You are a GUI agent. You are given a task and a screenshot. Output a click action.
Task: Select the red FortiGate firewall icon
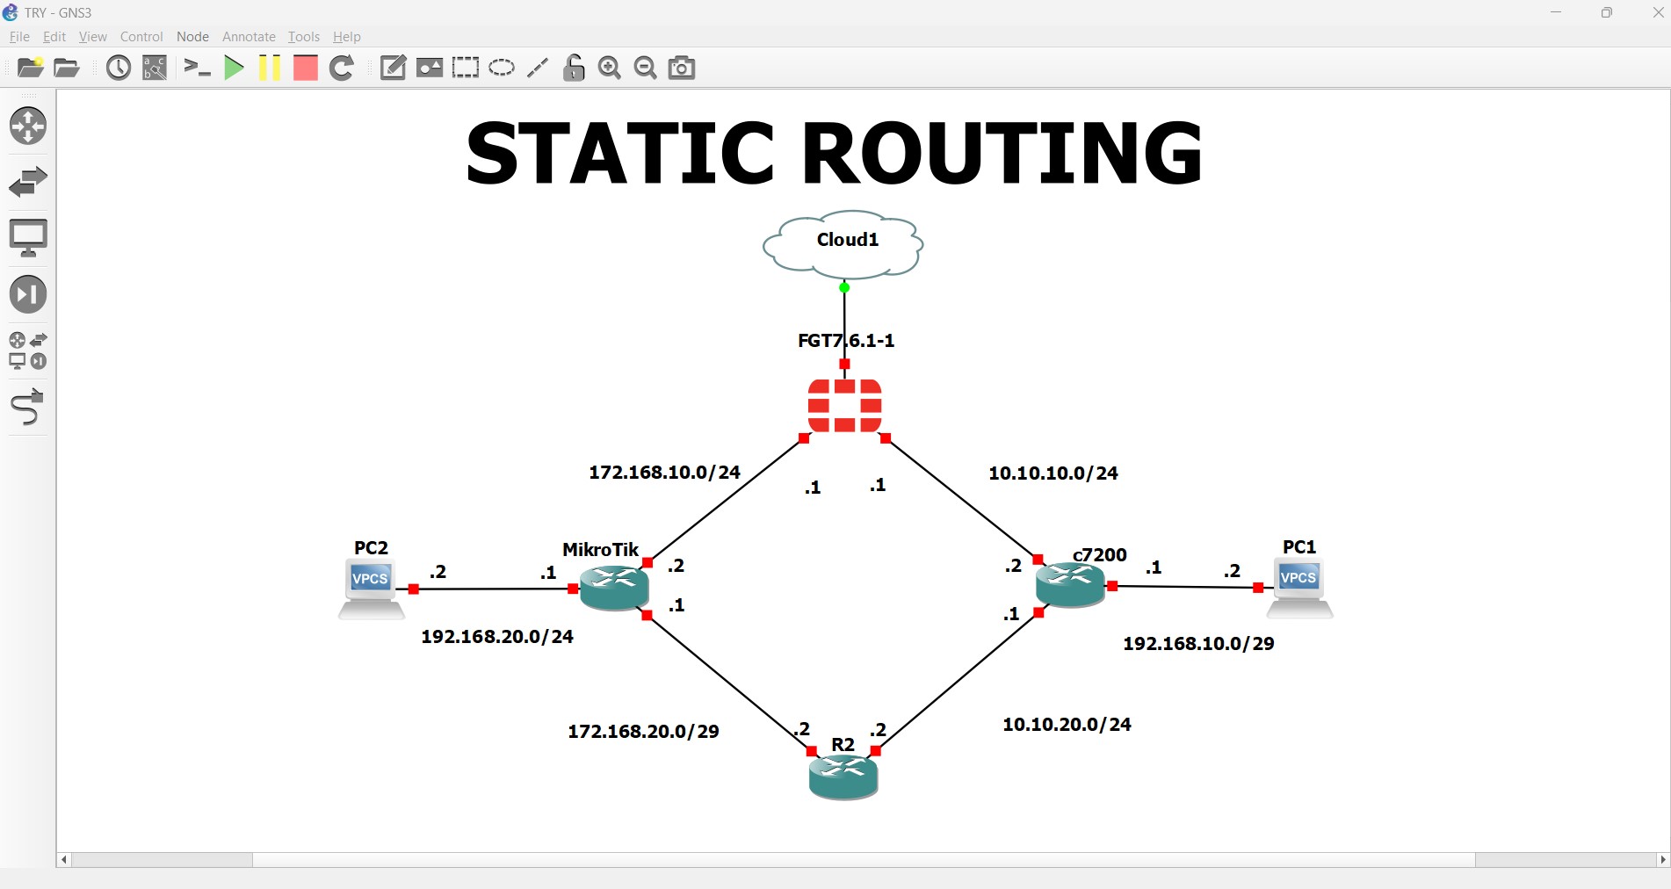tap(844, 406)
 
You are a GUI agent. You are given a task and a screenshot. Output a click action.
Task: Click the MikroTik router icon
tap(614, 588)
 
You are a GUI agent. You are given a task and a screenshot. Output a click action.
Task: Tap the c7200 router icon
tap(1070, 585)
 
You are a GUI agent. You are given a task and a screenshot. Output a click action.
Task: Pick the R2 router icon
tap(843, 777)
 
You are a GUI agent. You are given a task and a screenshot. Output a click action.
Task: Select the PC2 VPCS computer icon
tap(371, 589)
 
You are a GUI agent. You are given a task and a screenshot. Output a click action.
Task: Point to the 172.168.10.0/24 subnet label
tap(664, 473)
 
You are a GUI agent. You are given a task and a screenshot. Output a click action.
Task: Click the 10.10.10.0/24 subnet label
tap(1053, 473)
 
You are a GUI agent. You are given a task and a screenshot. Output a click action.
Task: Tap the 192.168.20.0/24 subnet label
tap(497, 637)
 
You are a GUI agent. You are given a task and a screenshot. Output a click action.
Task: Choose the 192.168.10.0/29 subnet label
tap(1198, 644)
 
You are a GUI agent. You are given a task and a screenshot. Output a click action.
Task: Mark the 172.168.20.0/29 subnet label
tap(643, 732)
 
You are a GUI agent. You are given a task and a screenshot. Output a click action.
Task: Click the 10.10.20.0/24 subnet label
tap(1067, 725)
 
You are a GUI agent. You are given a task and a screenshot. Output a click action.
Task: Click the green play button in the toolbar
tap(234, 68)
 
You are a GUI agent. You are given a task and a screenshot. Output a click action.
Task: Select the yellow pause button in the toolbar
tap(270, 68)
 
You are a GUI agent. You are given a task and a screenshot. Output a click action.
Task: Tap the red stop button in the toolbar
tap(305, 68)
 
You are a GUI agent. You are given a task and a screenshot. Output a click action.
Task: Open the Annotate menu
tap(249, 37)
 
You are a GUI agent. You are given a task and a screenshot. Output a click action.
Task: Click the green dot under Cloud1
tap(844, 287)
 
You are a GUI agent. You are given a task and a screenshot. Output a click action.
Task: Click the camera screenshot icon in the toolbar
tap(682, 68)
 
